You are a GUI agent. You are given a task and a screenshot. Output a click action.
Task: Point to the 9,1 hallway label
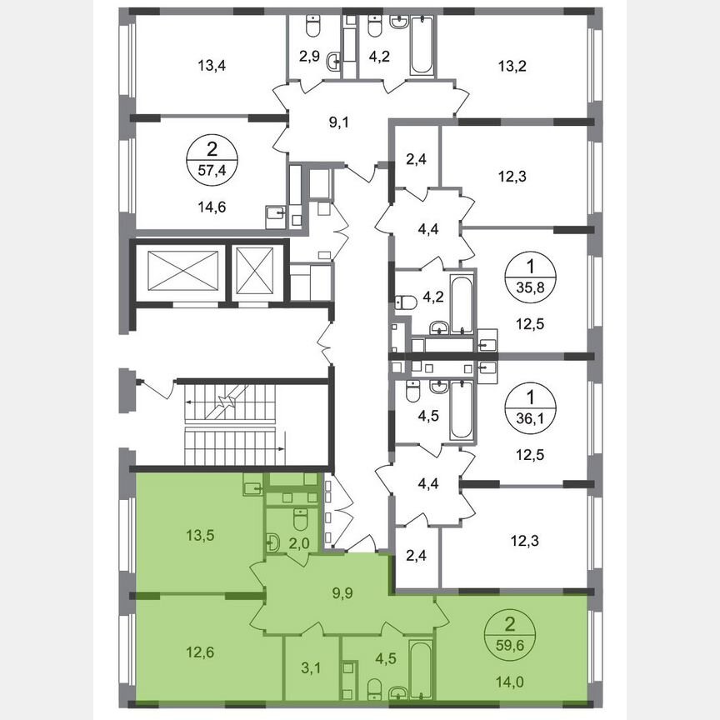pos(338,123)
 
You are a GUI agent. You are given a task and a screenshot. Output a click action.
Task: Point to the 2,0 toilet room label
pos(299,543)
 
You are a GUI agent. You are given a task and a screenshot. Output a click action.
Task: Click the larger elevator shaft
pos(179,270)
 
